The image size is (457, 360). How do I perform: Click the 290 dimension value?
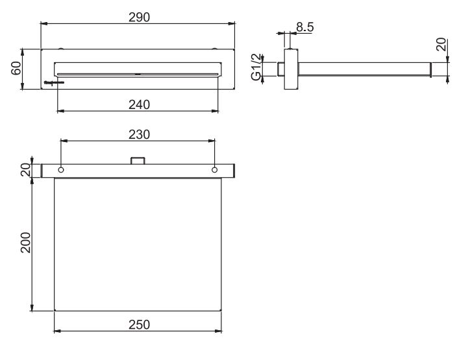point(140,18)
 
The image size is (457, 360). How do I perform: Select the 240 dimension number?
point(140,105)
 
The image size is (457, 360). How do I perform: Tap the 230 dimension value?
point(140,134)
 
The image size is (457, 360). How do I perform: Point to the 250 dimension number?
point(140,325)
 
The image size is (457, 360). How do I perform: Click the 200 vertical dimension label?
point(26,243)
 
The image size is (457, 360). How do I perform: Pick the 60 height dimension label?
point(16,68)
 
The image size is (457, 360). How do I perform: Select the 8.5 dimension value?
point(305,27)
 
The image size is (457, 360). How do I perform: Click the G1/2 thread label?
point(256,67)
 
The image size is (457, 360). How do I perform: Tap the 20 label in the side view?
point(441,44)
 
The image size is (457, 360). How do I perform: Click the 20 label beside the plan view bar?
point(26,170)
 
